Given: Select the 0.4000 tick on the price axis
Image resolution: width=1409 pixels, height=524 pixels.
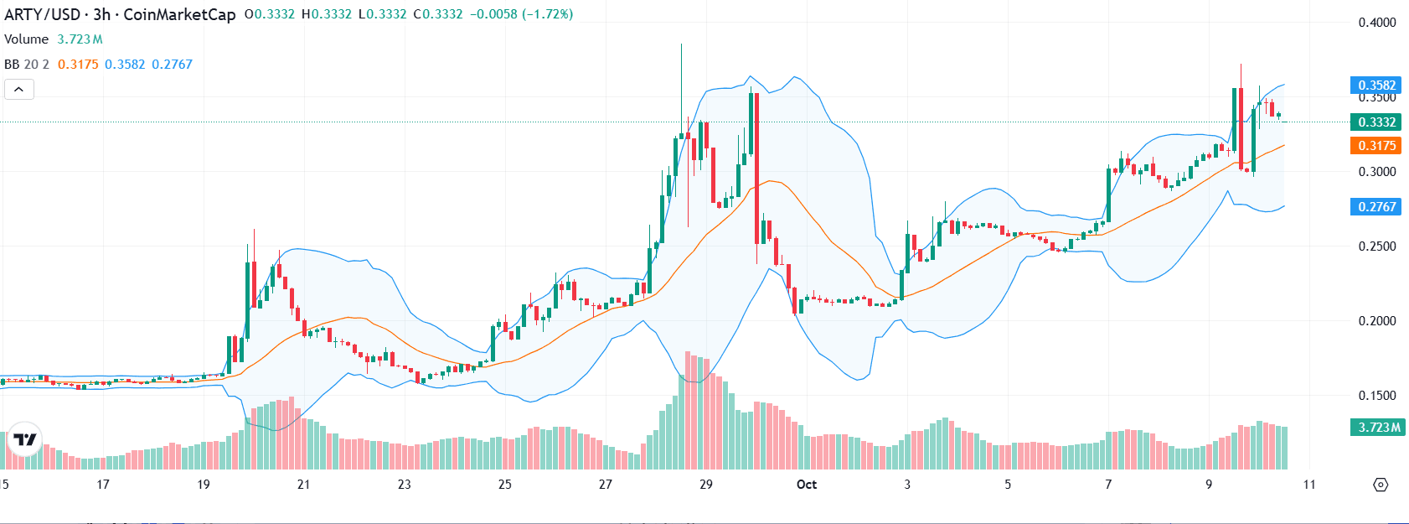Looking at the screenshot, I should click(x=1376, y=23).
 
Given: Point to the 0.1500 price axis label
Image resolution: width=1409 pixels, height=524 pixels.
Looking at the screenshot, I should click(x=1376, y=396).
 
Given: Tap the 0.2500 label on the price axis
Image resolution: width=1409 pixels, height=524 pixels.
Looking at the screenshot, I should click(x=1376, y=246).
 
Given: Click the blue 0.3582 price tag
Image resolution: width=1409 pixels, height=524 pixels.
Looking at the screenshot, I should click(x=1376, y=85).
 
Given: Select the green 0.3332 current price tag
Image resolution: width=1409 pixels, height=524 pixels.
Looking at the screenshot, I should click(x=1376, y=122).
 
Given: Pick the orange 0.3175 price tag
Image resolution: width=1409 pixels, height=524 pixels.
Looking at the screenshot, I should click(x=1376, y=145).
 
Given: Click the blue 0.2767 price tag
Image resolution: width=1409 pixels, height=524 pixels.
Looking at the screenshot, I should click(x=1376, y=206).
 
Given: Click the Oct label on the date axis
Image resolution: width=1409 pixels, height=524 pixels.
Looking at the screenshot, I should click(x=807, y=485).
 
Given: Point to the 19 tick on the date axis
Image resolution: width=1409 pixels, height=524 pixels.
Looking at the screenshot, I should click(x=204, y=485).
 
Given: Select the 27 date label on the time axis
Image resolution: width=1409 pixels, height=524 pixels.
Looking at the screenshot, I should click(x=606, y=485).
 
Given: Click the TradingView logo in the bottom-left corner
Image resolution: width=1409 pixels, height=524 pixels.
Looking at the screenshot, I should click(x=25, y=439).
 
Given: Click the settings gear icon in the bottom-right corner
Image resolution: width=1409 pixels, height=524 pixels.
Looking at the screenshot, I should click(x=1381, y=485).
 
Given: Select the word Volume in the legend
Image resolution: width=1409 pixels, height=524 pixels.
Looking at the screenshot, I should click(x=27, y=39).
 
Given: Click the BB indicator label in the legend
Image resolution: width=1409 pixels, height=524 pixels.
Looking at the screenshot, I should click(x=12, y=65).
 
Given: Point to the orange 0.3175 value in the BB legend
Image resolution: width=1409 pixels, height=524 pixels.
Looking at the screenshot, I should click(x=78, y=65).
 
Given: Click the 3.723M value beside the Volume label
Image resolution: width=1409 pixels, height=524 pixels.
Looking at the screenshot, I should click(x=80, y=39).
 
